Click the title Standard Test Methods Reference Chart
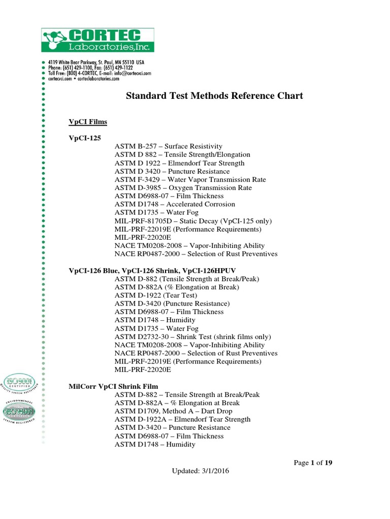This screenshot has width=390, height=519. [x=214, y=96]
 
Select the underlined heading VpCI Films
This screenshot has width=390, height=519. [x=88, y=122]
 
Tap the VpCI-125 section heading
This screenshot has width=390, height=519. [x=85, y=138]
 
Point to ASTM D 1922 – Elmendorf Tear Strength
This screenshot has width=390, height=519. [x=179, y=163]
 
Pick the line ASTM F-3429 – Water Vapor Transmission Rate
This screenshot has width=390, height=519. [x=190, y=179]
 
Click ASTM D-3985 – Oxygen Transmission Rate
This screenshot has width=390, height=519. [x=183, y=188]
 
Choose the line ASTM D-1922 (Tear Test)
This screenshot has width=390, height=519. [x=155, y=295]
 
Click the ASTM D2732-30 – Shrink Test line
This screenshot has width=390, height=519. [x=192, y=337]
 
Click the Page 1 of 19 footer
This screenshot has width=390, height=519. [x=313, y=462]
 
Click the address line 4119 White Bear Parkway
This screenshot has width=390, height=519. [x=96, y=62]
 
